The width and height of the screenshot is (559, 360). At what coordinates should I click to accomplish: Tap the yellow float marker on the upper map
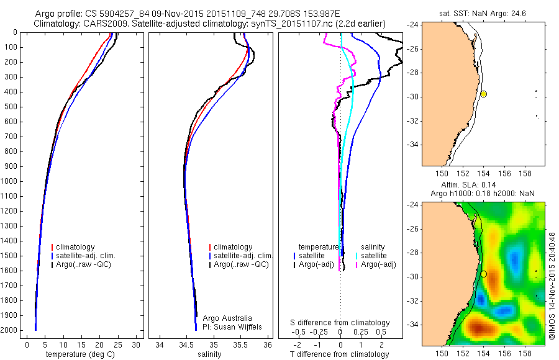tap(483, 94)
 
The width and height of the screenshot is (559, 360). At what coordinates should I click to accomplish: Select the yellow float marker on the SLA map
tap(483, 274)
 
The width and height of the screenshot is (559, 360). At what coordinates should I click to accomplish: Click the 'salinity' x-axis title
tap(209, 354)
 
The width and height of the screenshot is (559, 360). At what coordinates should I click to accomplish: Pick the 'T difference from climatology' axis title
tap(340, 354)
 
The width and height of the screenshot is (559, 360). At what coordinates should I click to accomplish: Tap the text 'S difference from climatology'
tap(340, 323)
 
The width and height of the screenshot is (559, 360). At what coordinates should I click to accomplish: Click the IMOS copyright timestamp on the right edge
tap(552, 286)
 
